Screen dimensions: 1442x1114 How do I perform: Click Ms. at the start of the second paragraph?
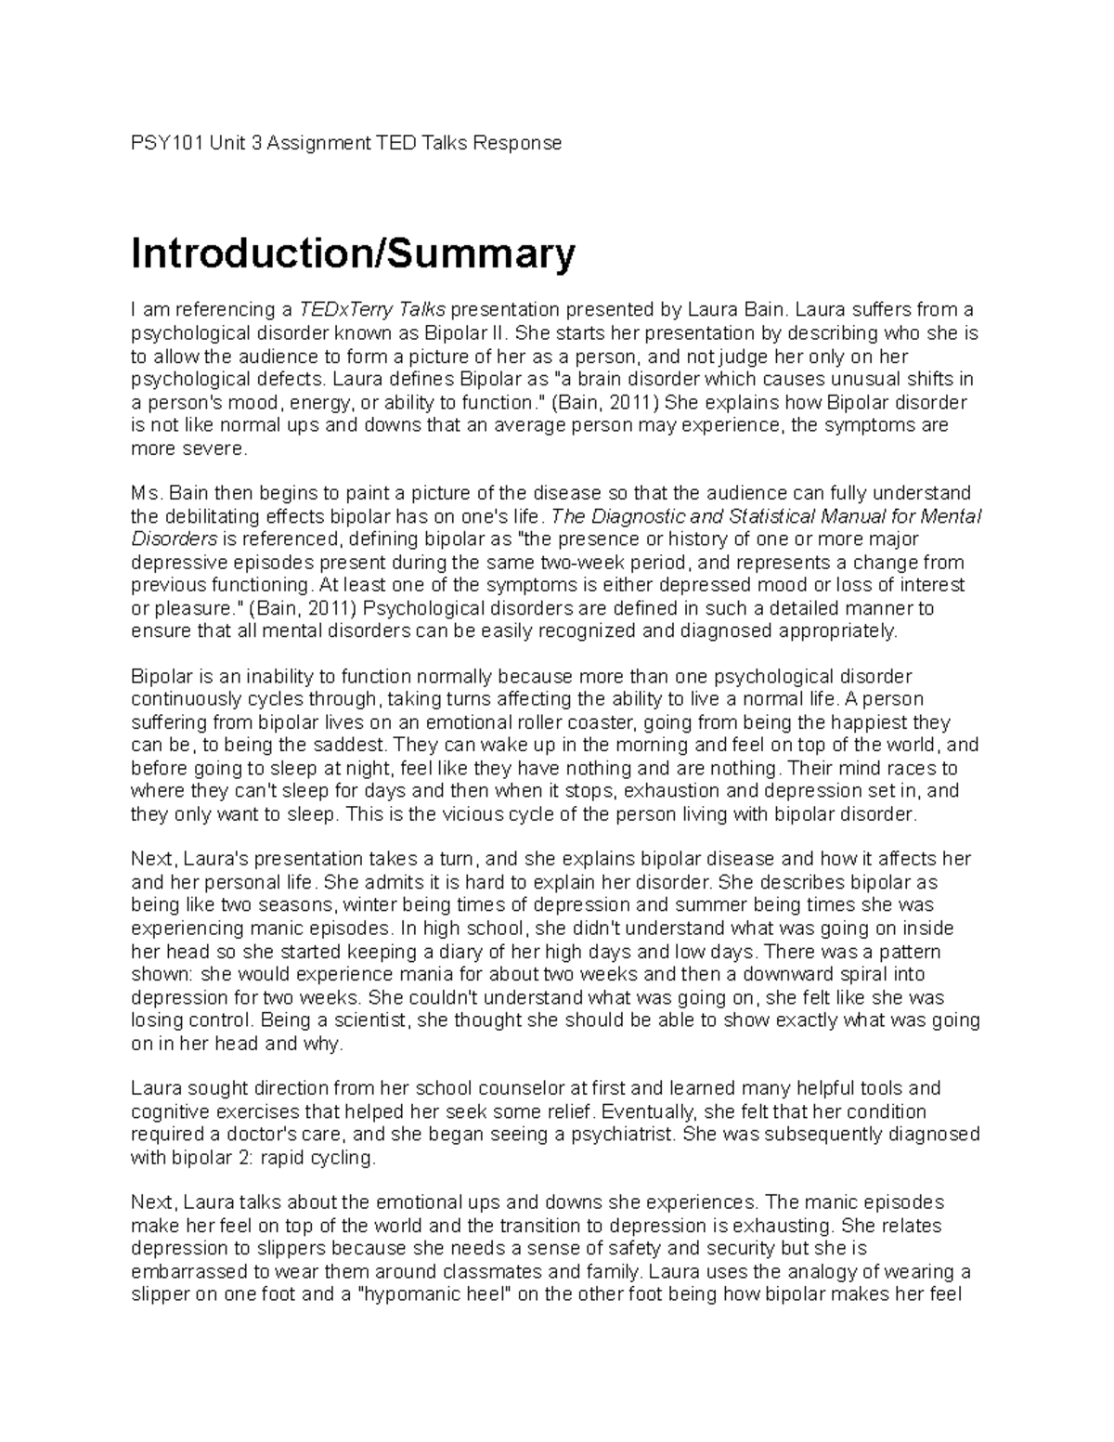point(147,492)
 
